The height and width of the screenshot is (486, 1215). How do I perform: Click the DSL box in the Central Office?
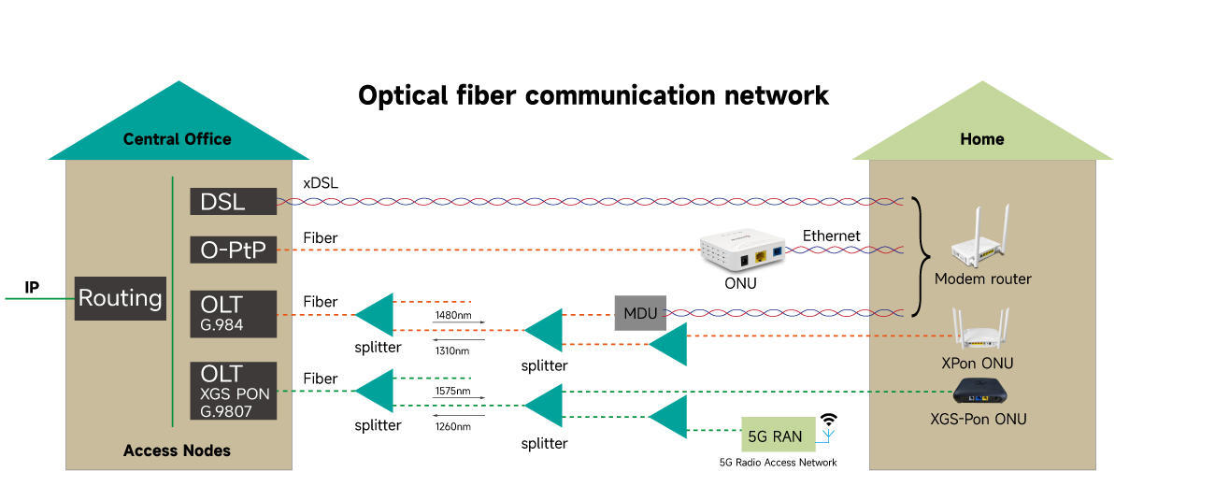[x=234, y=202]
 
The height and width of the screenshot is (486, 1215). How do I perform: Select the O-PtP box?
[x=234, y=250]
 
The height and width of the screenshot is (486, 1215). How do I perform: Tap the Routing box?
[x=120, y=299]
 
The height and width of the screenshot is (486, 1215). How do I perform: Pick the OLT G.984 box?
[x=234, y=313]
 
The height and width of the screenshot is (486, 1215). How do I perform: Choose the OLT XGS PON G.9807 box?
[x=234, y=391]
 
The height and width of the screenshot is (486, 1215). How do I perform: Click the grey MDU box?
[x=640, y=313]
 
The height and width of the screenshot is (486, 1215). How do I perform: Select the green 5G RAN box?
[x=777, y=436]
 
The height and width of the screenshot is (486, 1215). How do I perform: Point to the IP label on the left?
[x=32, y=287]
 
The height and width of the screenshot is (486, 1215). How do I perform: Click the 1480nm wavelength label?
[x=452, y=315]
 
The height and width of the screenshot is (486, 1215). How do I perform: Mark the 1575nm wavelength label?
[x=452, y=391]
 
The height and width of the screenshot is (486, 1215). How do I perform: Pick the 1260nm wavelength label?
[x=452, y=426]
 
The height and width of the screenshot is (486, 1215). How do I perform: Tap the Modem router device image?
[x=982, y=238]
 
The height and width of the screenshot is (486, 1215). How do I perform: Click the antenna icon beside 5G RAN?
[x=827, y=426]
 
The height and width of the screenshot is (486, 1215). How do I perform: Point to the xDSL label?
[x=321, y=183]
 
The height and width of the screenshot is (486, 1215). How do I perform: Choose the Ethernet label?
[x=831, y=236]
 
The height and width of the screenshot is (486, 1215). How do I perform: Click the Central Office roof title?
[x=177, y=139]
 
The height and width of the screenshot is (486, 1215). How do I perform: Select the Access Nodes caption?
[x=177, y=450]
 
